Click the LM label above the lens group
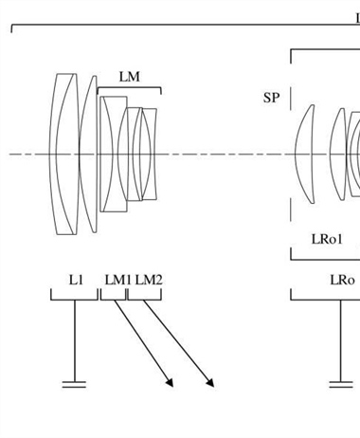point(130,77)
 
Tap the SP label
point(271,98)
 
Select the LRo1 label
point(327,239)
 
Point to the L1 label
point(76,280)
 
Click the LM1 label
point(117,280)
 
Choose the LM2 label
point(149,280)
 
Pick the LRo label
point(342,280)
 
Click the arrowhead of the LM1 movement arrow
point(170,382)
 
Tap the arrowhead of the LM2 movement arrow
point(210,382)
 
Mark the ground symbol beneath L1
point(75,384)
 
